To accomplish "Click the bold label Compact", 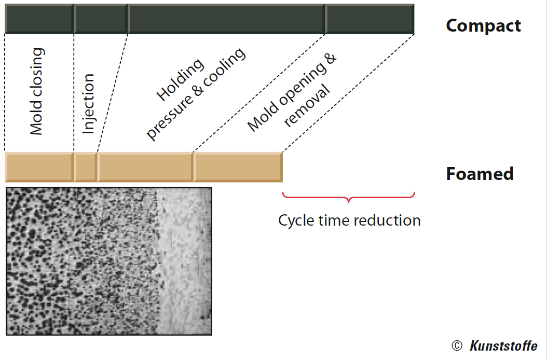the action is pyautogui.click(x=484, y=26).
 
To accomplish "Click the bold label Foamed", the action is pyautogui.click(x=480, y=174).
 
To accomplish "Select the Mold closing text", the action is pyautogui.click(x=37, y=91).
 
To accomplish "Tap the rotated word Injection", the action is pyautogui.click(x=88, y=104).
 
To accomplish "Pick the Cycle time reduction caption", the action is pyautogui.click(x=349, y=220).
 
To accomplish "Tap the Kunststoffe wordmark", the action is pyautogui.click(x=503, y=345).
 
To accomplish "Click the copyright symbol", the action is pyautogui.click(x=457, y=345).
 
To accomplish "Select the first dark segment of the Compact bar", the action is pyautogui.click(x=39, y=19).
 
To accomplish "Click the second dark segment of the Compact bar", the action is pyautogui.click(x=101, y=19).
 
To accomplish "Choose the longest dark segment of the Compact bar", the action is pyautogui.click(x=227, y=19).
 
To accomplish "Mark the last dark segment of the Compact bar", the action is pyautogui.click(x=370, y=19).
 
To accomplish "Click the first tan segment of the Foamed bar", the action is pyautogui.click(x=39, y=167).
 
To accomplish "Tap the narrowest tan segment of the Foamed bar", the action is pyautogui.click(x=86, y=167).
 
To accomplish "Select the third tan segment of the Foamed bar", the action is pyautogui.click(x=145, y=167).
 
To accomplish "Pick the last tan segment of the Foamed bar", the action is pyautogui.click(x=238, y=167).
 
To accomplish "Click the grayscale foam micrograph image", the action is pyautogui.click(x=109, y=261).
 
